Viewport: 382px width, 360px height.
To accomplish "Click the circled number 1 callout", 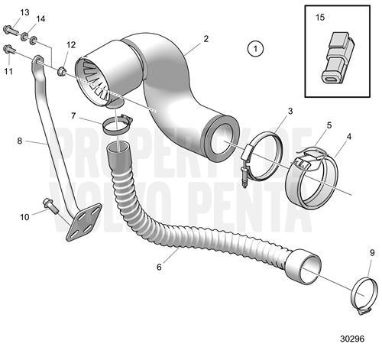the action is (x=255, y=48).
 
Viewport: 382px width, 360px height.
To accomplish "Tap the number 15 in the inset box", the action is (x=320, y=18).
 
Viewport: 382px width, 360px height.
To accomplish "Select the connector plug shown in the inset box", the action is (x=337, y=57).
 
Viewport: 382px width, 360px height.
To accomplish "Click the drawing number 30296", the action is (x=352, y=339).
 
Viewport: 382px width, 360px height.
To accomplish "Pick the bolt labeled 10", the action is (x=51, y=206).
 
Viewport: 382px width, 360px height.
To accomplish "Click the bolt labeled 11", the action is (x=10, y=50).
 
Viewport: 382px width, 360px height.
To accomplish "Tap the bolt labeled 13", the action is (x=11, y=30).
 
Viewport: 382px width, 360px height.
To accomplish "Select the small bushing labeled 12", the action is (x=62, y=71).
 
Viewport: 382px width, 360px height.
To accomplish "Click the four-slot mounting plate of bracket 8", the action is (x=84, y=222).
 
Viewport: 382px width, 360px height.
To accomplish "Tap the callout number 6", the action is (x=159, y=267).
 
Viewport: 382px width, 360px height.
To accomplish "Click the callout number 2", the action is (x=206, y=39).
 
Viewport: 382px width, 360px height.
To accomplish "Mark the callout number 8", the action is (x=20, y=141).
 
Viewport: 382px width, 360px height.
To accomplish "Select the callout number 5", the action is (x=329, y=125).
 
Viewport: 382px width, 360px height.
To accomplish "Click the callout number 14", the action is (x=40, y=19).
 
